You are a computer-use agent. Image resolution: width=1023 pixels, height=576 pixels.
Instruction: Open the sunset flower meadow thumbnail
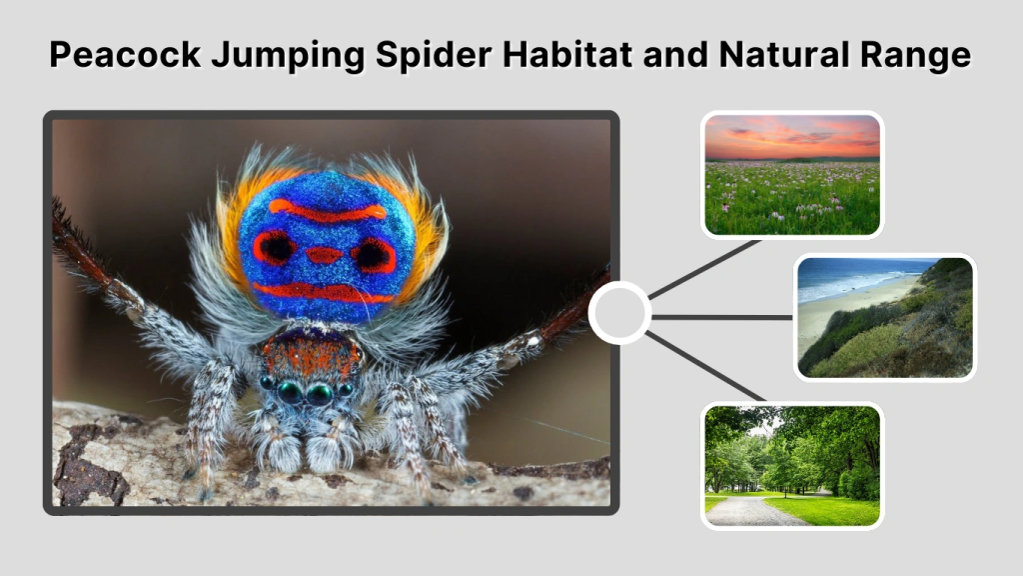pos(792,175)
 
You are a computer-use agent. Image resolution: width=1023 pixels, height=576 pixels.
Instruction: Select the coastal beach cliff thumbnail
pos(885,317)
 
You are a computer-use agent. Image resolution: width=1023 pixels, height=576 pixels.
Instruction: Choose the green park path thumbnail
pos(792,465)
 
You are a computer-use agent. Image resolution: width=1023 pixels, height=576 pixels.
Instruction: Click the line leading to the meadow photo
pos(705,267)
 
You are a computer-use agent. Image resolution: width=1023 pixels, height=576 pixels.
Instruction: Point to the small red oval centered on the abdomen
pos(324,255)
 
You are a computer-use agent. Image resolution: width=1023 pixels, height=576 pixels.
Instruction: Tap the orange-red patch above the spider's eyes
pos(312,353)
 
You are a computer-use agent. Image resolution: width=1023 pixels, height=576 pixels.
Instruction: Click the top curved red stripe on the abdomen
pos(327,211)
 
